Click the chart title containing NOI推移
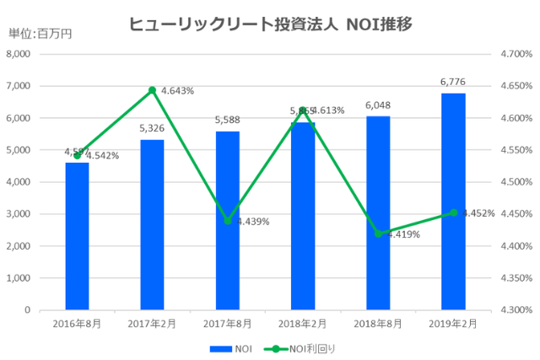point(270,24)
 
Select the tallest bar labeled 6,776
point(453,201)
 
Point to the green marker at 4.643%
point(152,90)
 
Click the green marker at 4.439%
point(227,221)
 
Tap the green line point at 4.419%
point(378,234)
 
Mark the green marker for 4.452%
point(453,212)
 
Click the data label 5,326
point(152,129)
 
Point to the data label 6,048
point(378,106)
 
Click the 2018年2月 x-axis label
point(302,324)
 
